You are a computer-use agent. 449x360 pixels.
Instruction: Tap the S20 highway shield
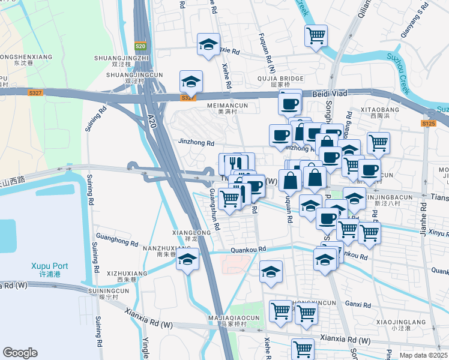(140, 46)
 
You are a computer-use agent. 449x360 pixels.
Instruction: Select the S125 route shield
(427, 123)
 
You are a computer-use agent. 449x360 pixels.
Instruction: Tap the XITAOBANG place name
(381, 110)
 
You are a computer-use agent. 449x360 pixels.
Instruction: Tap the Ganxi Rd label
(358, 305)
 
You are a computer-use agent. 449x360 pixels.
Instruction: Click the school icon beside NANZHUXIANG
(188, 259)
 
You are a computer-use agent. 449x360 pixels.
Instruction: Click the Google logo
(20, 353)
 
